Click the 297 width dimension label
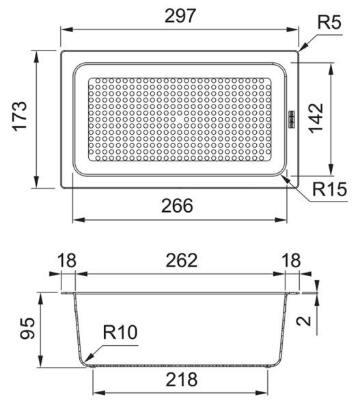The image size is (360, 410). coord(180,16)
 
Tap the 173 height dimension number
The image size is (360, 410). coord(20,116)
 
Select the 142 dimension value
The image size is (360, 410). coord(316,118)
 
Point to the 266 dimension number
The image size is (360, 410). coord(177,206)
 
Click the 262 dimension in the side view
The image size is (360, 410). coord(182,260)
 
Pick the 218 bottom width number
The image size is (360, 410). coord(182,379)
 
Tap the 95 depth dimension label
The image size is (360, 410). coord(27,329)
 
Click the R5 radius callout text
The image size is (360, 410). coord(329,22)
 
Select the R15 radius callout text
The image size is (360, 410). coord(330,189)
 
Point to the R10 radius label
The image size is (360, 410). coord(120,332)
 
